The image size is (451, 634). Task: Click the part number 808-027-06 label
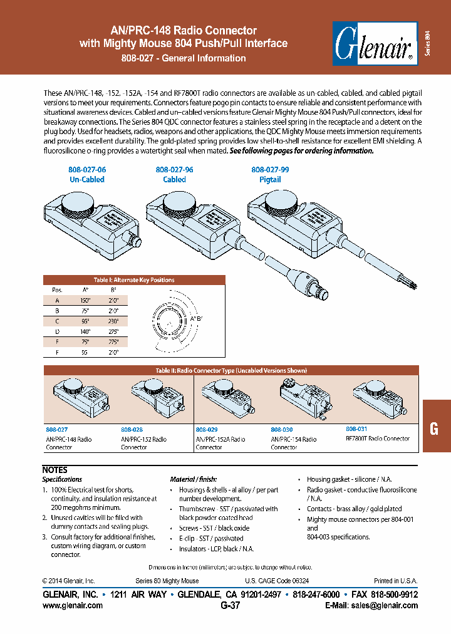[x=87, y=170]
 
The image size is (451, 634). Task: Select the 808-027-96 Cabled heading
[x=174, y=174]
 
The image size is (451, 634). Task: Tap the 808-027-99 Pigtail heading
[x=270, y=174]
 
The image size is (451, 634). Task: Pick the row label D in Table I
[x=57, y=332]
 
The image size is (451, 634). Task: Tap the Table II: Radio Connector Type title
[x=231, y=371]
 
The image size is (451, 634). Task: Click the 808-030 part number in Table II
[x=283, y=430]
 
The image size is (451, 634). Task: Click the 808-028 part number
[x=132, y=430]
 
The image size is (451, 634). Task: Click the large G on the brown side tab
[x=433, y=429]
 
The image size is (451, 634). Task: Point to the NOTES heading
[x=54, y=469]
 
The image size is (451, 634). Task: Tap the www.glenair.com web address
[x=72, y=605]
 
